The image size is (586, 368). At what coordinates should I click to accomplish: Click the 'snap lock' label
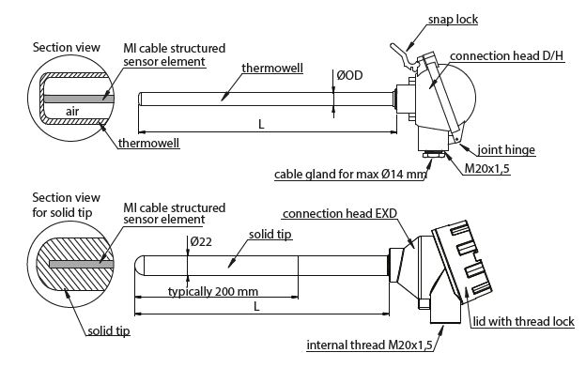pos(453,20)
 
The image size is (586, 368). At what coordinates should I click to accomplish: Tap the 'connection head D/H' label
pos(506,56)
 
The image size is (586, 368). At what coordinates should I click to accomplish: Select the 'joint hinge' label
pos(506,150)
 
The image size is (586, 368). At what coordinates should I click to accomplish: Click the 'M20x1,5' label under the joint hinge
pos(486,169)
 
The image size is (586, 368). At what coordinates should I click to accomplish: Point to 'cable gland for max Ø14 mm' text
pos(350,174)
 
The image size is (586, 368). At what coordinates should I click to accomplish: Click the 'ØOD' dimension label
pos(349,75)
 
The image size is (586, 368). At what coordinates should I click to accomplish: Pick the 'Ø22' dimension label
pos(201,241)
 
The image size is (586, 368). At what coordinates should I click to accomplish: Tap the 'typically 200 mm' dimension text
pos(213,291)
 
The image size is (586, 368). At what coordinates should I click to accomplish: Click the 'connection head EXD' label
pos(340,214)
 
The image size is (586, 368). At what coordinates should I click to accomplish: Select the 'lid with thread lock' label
pos(523,322)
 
